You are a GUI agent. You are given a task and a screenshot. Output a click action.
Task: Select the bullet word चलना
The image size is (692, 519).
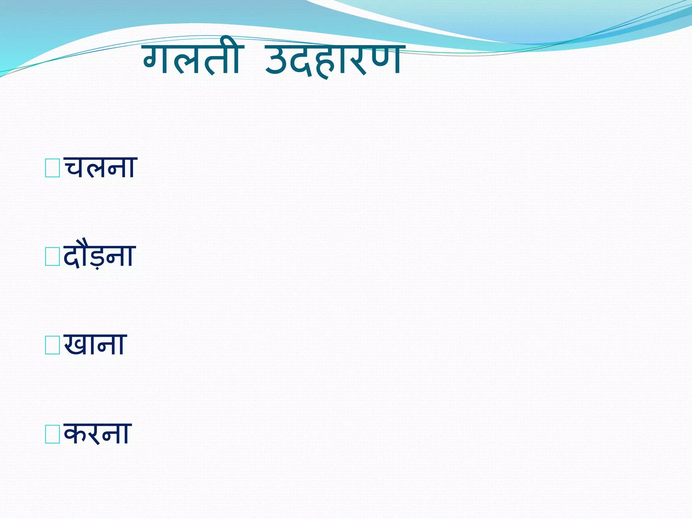(100, 167)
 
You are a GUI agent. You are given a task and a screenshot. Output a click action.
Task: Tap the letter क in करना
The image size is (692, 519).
(76, 434)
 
